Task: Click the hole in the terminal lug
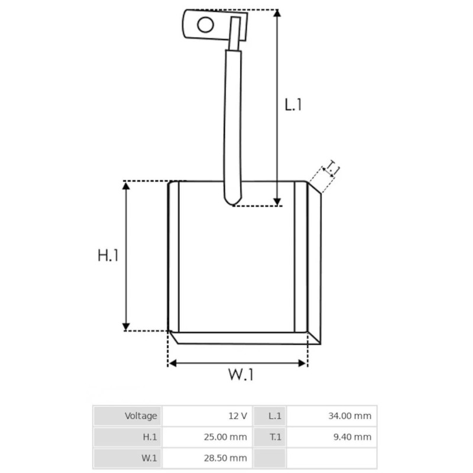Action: [205, 24]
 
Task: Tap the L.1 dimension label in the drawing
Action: [293, 105]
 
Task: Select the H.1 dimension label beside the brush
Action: [108, 255]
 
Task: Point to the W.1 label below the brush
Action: [241, 374]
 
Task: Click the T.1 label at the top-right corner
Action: [332, 169]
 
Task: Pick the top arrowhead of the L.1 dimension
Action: [277, 14]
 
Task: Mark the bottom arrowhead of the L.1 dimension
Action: [277, 202]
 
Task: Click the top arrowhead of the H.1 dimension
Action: [126, 186]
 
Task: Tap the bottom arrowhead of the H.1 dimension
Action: [126, 327]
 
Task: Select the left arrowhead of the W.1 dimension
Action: [172, 363]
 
